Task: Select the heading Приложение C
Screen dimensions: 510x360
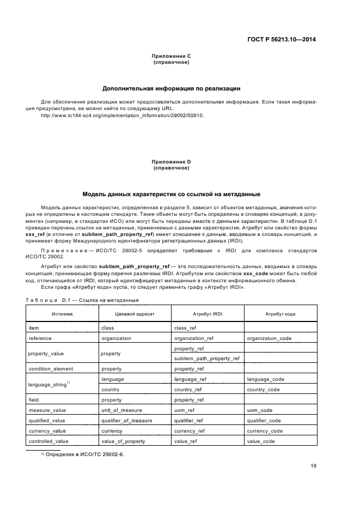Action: (x=171, y=56)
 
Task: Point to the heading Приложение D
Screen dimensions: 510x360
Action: (x=171, y=162)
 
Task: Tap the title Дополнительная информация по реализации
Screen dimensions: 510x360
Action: (x=172, y=88)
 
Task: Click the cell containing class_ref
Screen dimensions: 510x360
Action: (x=185, y=328)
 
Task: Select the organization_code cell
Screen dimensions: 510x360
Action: (x=269, y=338)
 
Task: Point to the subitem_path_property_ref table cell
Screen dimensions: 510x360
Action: (x=206, y=359)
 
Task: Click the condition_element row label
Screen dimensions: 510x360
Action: (x=51, y=369)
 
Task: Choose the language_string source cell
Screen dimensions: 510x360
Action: (x=50, y=384)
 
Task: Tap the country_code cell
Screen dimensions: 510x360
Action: (x=263, y=390)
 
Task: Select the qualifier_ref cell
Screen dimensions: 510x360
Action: (x=188, y=420)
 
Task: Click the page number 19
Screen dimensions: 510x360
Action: (x=314, y=465)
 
